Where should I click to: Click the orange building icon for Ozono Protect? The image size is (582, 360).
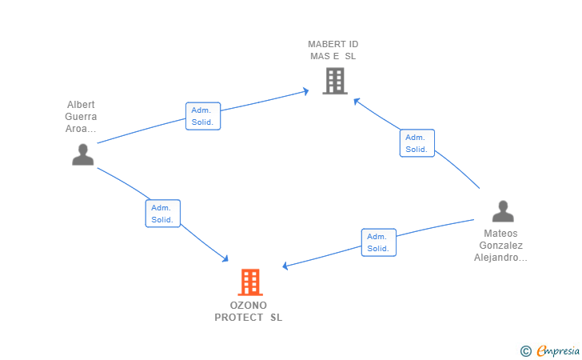(250, 282)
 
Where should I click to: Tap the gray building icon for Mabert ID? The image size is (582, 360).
(335, 81)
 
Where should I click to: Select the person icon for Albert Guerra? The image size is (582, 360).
(83, 154)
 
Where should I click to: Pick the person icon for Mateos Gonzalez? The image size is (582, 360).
(503, 211)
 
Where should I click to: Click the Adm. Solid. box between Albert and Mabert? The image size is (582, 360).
(203, 116)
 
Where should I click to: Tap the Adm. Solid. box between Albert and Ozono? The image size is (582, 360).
(162, 214)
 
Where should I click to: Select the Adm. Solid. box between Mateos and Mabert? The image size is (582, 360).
(417, 143)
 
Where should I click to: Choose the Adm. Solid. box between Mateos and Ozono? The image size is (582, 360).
(379, 242)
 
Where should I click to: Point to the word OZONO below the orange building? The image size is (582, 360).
(249, 306)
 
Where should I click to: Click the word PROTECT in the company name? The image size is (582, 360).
(239, 318)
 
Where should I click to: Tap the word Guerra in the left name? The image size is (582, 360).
(81, 117)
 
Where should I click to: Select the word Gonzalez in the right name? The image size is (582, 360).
(500, 246)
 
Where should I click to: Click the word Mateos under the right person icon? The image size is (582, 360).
(500, 234)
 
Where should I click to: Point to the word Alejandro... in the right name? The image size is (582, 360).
(500, 258)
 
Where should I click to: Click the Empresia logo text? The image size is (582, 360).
(558, 350)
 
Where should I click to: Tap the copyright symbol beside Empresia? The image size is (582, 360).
(525, 351)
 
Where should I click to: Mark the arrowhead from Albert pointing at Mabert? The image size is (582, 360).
(305, 91)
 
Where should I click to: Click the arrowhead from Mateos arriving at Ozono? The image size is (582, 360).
(285, 266)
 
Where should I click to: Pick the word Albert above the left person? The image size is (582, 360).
(81, 104)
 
